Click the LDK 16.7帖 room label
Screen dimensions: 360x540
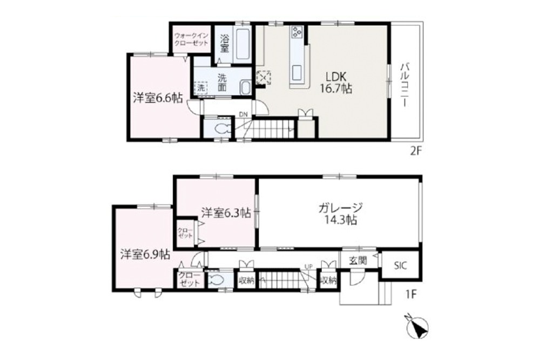[x=339, y=83]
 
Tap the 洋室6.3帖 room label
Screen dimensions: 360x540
[x=226, y=213]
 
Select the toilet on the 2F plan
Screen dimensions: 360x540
[x=221, y=129]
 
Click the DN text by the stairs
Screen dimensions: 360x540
[x=244, y=114]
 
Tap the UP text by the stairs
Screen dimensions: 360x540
[x=309, y=267]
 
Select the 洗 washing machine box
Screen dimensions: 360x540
[x=201, y=86]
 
